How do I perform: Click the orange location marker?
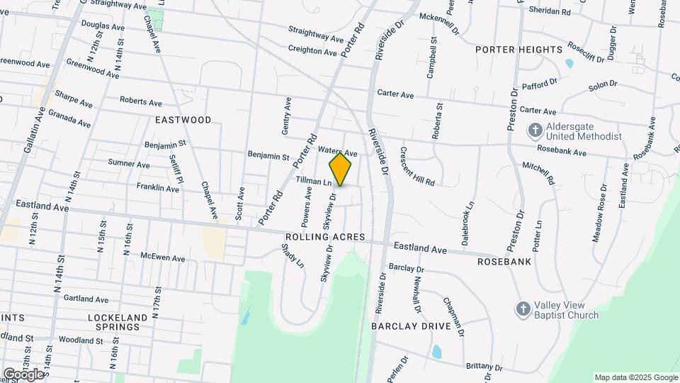coord(341,170)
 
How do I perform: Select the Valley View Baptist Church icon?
coord(522,309)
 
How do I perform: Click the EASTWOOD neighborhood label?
coord(183,120)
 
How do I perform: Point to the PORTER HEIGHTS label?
coord(519,50)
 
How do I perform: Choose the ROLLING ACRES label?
coord(325,237)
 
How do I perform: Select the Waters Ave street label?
coord(337,152)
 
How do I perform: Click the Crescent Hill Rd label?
coord(417,167)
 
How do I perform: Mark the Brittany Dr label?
coord(484,367)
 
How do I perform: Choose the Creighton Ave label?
coord(312,51)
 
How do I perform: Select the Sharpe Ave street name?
coord(74,99)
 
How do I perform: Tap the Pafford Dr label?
coord(540,85)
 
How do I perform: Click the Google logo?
coord(23,374)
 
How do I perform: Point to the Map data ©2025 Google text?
coord(635,377)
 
